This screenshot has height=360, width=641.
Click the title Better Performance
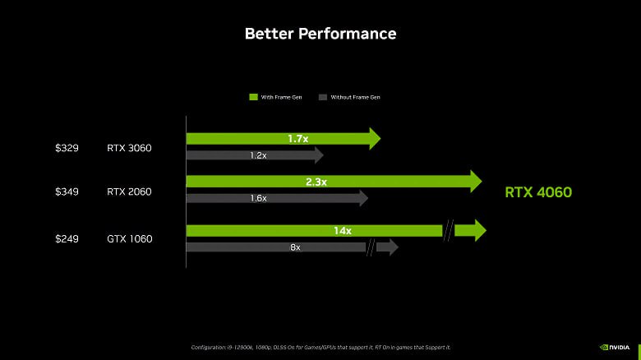(320, 34)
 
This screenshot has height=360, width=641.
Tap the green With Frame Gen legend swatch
(253, 97)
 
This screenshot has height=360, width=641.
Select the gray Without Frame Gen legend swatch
(323, 97)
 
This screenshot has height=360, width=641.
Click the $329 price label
(67, 148)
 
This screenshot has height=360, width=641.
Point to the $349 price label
(67, 192)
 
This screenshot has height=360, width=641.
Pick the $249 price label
(67, 238)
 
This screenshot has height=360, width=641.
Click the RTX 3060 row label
(129, 148)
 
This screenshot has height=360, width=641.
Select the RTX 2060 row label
(129, 192)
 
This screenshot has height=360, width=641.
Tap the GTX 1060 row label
(130, 238)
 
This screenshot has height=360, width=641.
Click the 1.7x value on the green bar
(298, 139)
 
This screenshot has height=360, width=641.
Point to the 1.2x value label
(258, 155)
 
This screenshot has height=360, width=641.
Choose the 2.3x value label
(316, 182)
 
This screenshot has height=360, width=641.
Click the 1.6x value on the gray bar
(258, 198)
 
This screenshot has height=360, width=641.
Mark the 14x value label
(343, 231)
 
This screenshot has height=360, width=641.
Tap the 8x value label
(295, 247)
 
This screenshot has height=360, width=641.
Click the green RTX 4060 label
(538, 192)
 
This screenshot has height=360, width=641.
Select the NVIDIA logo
(615, 348)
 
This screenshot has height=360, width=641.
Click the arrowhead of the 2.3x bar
(476, 181)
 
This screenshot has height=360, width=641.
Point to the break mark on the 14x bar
(449, 230)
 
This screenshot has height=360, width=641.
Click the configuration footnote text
(320, 348)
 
